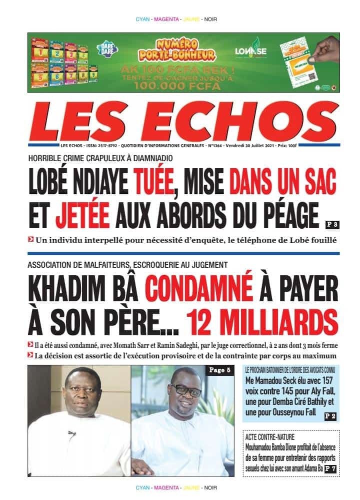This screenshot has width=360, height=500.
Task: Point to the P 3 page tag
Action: [x=331, y=224]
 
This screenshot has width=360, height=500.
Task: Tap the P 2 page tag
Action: [x=330, y=416]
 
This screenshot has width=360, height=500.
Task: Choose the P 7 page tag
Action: [x=330, y=468]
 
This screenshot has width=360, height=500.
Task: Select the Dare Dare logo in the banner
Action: [x=106, y=48]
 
